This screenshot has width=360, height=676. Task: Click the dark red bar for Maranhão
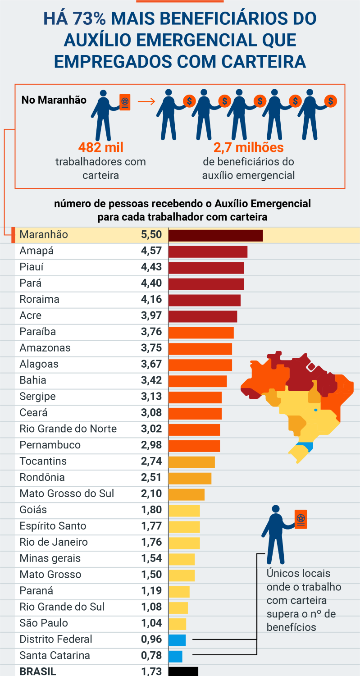215,235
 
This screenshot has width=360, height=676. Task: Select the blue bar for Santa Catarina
175,656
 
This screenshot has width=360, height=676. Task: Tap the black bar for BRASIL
183,671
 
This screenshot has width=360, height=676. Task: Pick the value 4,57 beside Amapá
151,251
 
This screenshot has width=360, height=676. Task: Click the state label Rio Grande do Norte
68,429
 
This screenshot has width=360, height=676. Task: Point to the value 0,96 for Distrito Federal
151,639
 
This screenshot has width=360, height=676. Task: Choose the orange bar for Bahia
197,381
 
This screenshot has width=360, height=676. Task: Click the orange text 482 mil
100,147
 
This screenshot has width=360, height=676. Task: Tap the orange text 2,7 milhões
248,147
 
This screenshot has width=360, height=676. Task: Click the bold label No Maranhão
54,100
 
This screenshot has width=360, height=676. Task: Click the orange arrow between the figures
146,101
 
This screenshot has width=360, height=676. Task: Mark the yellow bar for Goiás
184,510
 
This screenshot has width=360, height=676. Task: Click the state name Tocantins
43,461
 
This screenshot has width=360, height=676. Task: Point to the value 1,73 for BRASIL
151,671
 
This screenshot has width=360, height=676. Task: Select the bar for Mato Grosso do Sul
186,494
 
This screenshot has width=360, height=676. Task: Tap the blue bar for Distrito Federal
177,639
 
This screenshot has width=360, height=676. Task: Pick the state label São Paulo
44,623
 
